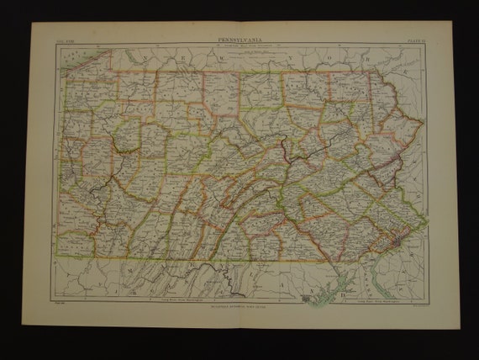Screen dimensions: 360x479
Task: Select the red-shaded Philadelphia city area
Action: pyautogui.click(x=392, y=243)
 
